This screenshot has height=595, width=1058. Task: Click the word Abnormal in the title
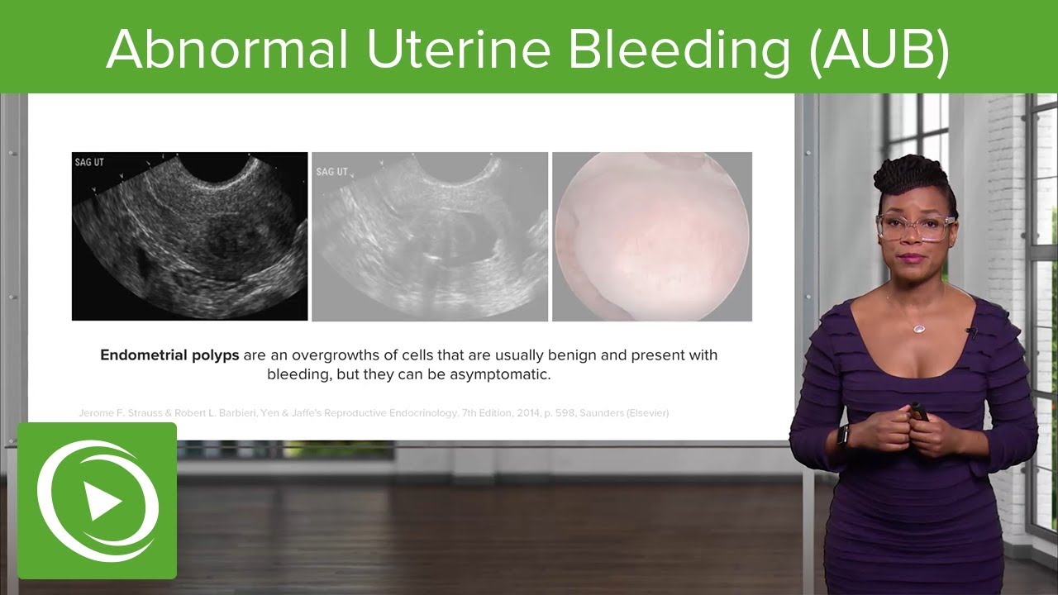tap(228, 50)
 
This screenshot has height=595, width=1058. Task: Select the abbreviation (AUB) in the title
tap(879, 50)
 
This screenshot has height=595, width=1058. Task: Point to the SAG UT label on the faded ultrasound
tap(331, 172)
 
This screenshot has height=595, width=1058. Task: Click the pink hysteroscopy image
tap(652, 236)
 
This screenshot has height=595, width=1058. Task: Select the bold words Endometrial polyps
tap(169, 355)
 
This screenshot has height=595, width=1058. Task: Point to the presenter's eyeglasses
tap(916, 226)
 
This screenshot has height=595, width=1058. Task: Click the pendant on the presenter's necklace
tap(918, 328)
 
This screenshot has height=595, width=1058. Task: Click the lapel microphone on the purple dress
tap(971, 333)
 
